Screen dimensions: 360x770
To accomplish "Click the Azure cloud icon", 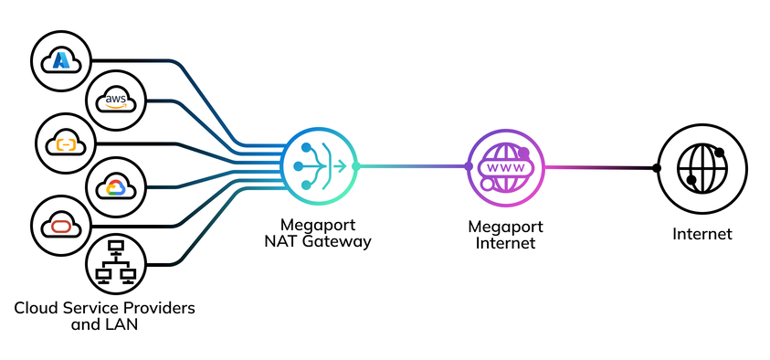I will point(62,59).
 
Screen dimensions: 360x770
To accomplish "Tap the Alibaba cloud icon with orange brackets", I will point(65,143).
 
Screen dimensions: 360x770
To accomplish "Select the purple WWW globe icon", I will point(505,166).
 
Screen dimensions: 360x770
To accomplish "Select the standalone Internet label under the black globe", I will point(701,234).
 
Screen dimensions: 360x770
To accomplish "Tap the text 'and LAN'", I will point(105,323).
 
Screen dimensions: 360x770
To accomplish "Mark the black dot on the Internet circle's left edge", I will point(657,167).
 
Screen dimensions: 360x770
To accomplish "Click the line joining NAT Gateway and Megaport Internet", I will point(411,166).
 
